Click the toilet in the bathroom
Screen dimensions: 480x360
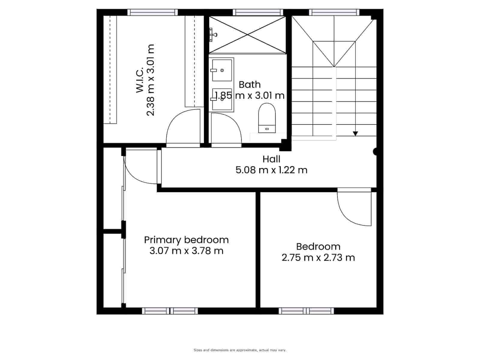pos(267,118)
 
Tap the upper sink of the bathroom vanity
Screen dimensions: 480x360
pos(222,70)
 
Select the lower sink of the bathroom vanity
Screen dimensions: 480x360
pos(222,99)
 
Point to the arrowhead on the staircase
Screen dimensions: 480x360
pos(355,133)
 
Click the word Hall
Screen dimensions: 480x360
pos(271,159)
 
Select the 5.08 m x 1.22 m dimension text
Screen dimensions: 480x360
pos(271,170)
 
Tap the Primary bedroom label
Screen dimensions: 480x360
pos(186,240)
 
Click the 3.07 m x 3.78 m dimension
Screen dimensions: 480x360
pos(186,251)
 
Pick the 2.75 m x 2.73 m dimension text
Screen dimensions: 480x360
pos(318,257)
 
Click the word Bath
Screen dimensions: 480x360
pos(250,85)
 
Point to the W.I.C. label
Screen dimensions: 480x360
pos(140,80)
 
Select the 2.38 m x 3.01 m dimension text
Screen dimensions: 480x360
pos(151,80)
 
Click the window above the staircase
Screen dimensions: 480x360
pos(334,12)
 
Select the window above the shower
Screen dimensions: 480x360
pos(258,12)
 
